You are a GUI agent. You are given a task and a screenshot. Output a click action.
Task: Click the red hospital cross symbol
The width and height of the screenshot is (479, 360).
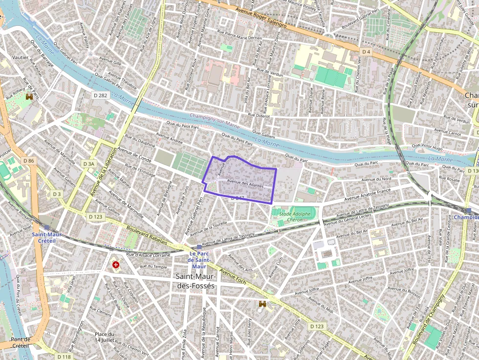(116, 265)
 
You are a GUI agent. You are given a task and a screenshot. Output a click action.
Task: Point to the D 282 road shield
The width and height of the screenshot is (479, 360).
(100, 95)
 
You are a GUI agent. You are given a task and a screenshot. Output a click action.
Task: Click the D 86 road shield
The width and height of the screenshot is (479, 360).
(29, 161)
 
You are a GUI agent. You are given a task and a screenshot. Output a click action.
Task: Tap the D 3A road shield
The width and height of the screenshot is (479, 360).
(88, 164)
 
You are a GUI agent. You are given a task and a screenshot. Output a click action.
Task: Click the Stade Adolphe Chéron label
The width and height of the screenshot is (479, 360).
(295, 217)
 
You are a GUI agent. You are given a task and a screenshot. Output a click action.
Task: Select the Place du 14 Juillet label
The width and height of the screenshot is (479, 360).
(105, 337)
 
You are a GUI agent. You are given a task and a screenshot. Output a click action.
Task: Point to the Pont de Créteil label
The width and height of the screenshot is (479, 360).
(21, 342)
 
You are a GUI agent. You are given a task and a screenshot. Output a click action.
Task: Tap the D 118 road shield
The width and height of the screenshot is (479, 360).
(64, 357)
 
